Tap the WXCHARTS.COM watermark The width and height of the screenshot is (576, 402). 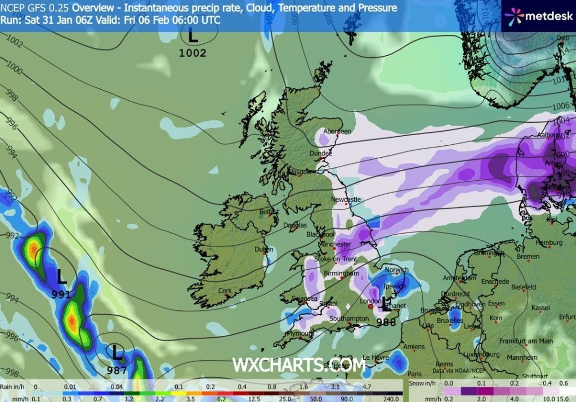299,365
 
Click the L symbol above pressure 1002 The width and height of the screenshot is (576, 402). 193,35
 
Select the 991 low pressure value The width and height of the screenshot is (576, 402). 61,295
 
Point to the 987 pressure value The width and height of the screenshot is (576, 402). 117,370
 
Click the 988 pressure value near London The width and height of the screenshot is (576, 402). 386,322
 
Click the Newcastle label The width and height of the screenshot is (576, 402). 346,199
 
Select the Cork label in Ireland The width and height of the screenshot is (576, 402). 225,291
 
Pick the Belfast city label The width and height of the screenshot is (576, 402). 269,212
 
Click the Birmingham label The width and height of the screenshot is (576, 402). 342,273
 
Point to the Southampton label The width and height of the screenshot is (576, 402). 349,319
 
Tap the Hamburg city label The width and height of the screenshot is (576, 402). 549,243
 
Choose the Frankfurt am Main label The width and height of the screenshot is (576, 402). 526,341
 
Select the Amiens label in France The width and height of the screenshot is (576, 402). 414,347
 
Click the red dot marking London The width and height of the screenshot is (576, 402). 371,306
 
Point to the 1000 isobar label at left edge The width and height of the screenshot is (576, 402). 14,70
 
